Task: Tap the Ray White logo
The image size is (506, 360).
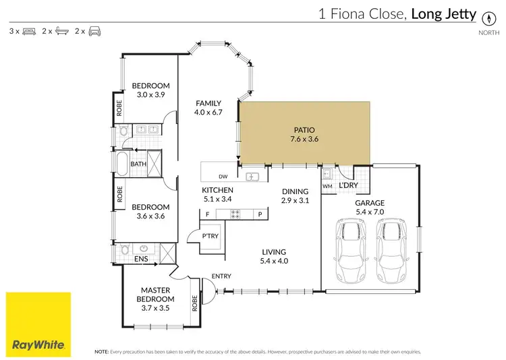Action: (x=38, y=324)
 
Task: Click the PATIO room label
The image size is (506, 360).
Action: (x=304, y=130)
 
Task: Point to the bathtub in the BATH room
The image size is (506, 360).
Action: (x=122, y=163)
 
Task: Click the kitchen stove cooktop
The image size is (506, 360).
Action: (x=236, y=214)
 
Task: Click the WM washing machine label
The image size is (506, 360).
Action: (x=327, y=185)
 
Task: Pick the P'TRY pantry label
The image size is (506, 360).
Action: (x=209, y=235)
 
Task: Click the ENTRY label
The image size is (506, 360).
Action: (x=221, y=275)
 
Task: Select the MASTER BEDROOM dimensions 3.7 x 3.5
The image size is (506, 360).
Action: (x=155, y=307)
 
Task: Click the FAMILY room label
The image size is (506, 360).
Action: (x=208, y=103)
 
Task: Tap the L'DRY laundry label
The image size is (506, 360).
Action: (x=348, y=185)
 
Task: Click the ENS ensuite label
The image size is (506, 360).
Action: (x=140, y=258)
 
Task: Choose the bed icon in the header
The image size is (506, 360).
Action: (x=29, y=31)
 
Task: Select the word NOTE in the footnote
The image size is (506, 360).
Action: (x=101, y=351)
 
